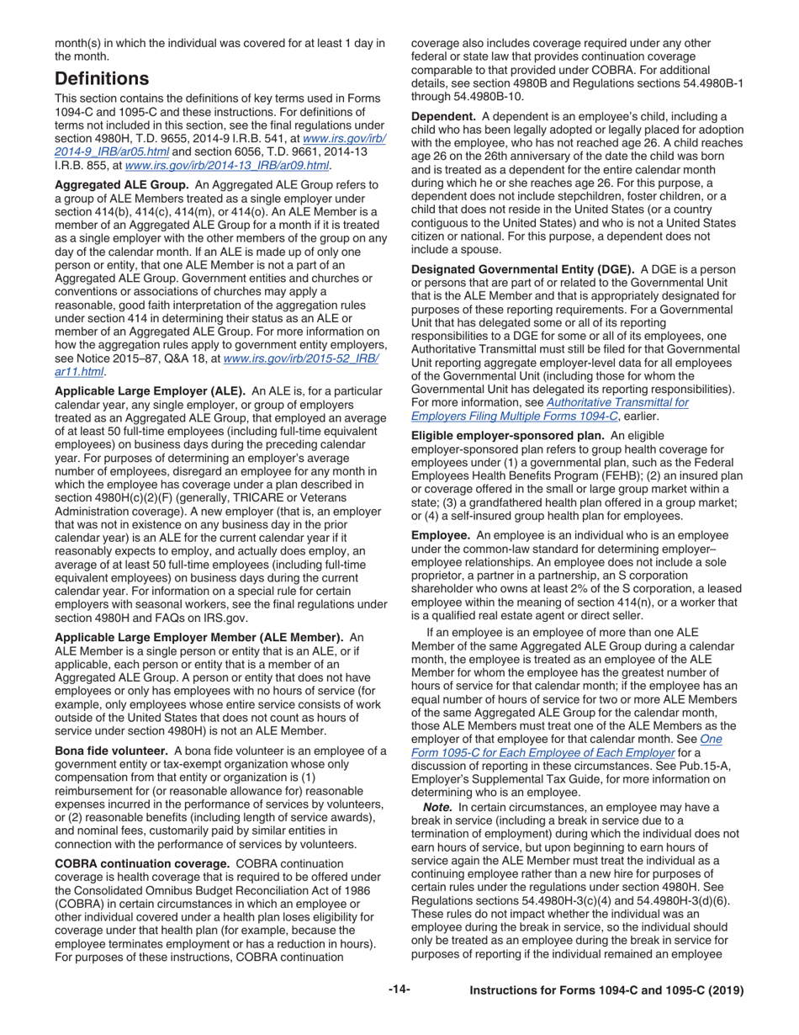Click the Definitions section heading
coord(102,79)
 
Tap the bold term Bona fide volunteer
coord(110,751)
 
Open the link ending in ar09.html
coord(226,167)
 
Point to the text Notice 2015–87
coord(115,358)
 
